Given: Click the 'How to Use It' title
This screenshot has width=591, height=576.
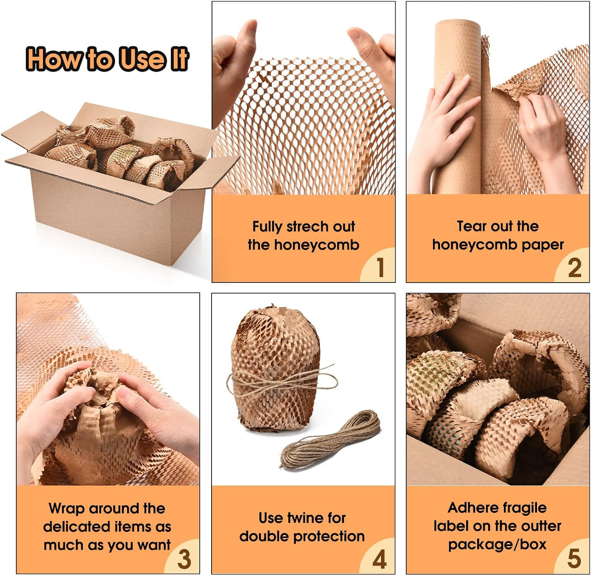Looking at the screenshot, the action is [x=107, y=59].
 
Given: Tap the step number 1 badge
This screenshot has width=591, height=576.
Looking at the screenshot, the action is [x=379, y=266].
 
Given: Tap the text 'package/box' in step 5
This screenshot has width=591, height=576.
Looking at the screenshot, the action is [x=497, y=545].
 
